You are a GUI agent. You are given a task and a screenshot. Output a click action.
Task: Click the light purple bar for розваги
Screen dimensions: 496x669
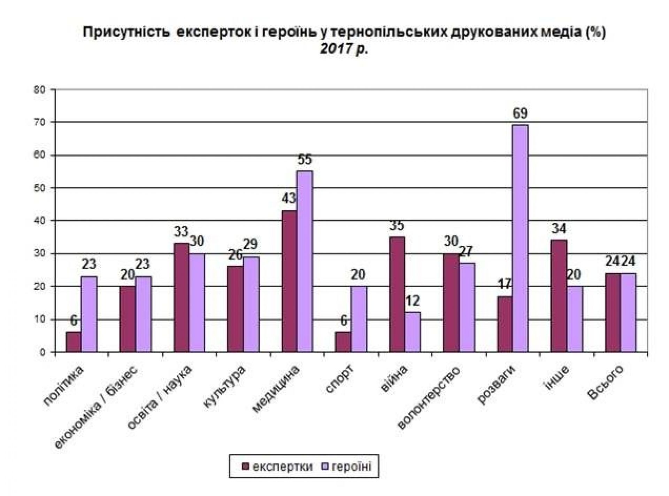click(x=520, y=238)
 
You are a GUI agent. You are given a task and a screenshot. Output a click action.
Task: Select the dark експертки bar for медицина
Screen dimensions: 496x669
click(x=289, y=281)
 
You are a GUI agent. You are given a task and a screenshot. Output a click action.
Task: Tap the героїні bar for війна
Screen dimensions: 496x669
click(x=413, y=332)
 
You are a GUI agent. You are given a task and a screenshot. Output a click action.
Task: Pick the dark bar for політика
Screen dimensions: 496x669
click(x=73, y=342)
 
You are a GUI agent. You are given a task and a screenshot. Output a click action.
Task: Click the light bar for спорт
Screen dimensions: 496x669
click(x=359, y=319)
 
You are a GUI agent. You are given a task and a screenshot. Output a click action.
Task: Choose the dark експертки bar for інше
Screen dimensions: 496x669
click(x=559, y=296)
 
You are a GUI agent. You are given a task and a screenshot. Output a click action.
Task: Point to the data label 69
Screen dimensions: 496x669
click(x=520, y=113)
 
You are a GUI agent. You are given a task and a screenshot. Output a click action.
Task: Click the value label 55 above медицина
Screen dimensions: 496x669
click(x=305, y=160)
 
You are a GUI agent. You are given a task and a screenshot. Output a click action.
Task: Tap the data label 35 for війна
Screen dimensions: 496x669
click(x=397, y=226)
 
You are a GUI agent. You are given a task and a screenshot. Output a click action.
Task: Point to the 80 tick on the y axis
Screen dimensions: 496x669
click(x=41, y=89)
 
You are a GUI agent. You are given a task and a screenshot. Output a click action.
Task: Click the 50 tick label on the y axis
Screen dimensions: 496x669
click(x=41, y=188)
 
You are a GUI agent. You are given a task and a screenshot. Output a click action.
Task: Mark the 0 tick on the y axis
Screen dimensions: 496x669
click(x=43, y=352)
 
